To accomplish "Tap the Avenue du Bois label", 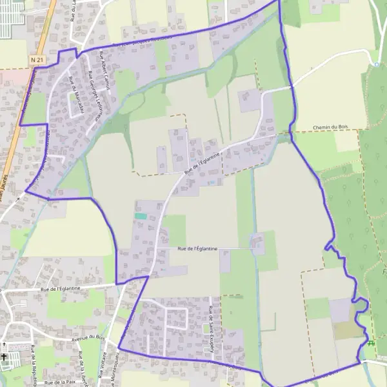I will tap(88, 337).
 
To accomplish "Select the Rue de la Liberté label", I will tap(82, 365).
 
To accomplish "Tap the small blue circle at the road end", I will tap(376, 64).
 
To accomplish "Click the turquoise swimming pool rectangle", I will tap(141, 216).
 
